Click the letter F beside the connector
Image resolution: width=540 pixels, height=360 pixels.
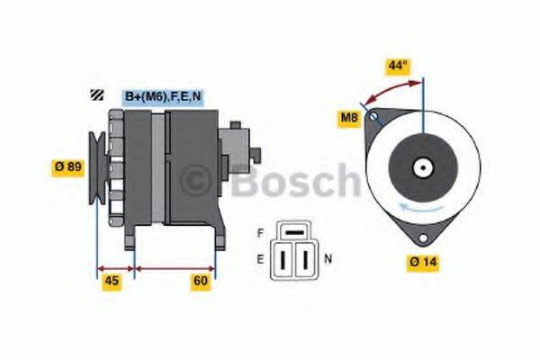pos(261,232)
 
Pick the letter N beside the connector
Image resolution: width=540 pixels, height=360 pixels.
pos(328,258)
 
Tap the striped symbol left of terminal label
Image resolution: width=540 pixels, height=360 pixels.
pos(94,94)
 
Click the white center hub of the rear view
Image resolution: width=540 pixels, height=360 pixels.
pos(421,167)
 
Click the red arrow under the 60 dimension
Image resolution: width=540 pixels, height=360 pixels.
pos(175,268)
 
